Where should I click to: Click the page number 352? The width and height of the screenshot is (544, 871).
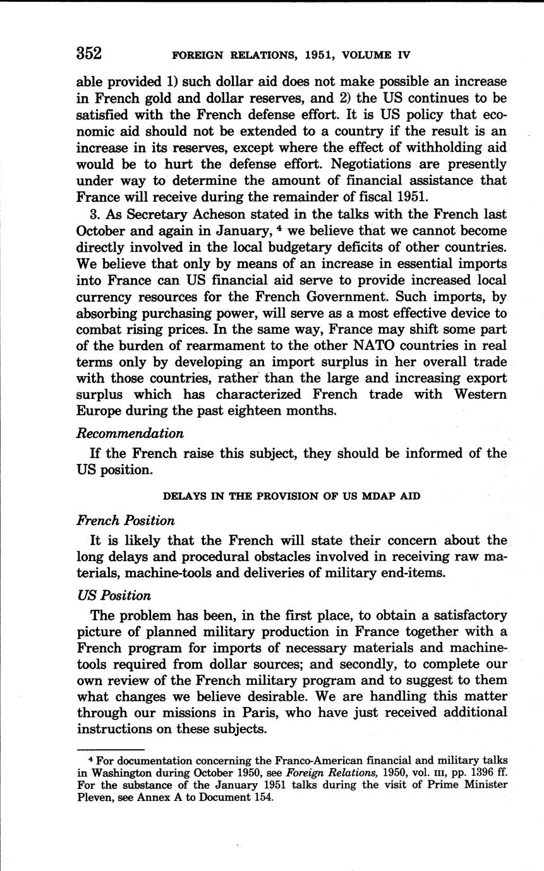(89, 53)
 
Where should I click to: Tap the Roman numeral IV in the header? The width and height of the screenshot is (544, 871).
(401, 55)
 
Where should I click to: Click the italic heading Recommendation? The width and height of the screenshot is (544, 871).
(130, 434)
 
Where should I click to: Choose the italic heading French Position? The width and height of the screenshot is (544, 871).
(125, 521)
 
